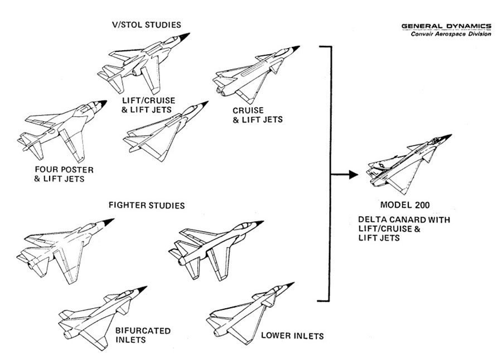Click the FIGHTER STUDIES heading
coord(146,206)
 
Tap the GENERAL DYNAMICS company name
coord(446,26)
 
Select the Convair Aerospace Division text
coord(451,34)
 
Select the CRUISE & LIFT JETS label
coord(252,115)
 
